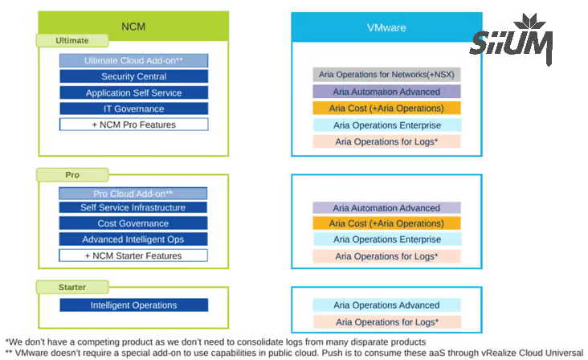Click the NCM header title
(133, 27)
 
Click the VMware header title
(386, 27)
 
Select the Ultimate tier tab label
(71, 40)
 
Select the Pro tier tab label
(71, 174)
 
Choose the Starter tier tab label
(71, 287)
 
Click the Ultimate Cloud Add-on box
(133, 60)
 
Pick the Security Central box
(133, 76)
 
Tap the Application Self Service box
(133, 92)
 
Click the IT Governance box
(133, 108)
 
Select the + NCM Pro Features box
(133, 125)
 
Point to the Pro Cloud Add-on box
(133, 194)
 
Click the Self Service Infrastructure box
(133, 207)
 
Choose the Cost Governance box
(133, 223)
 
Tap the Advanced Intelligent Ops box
(133, 239)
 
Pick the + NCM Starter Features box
(133, 256)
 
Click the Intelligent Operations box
(133, 305)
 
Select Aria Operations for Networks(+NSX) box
(386, 75)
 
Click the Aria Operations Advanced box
(386, 305)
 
